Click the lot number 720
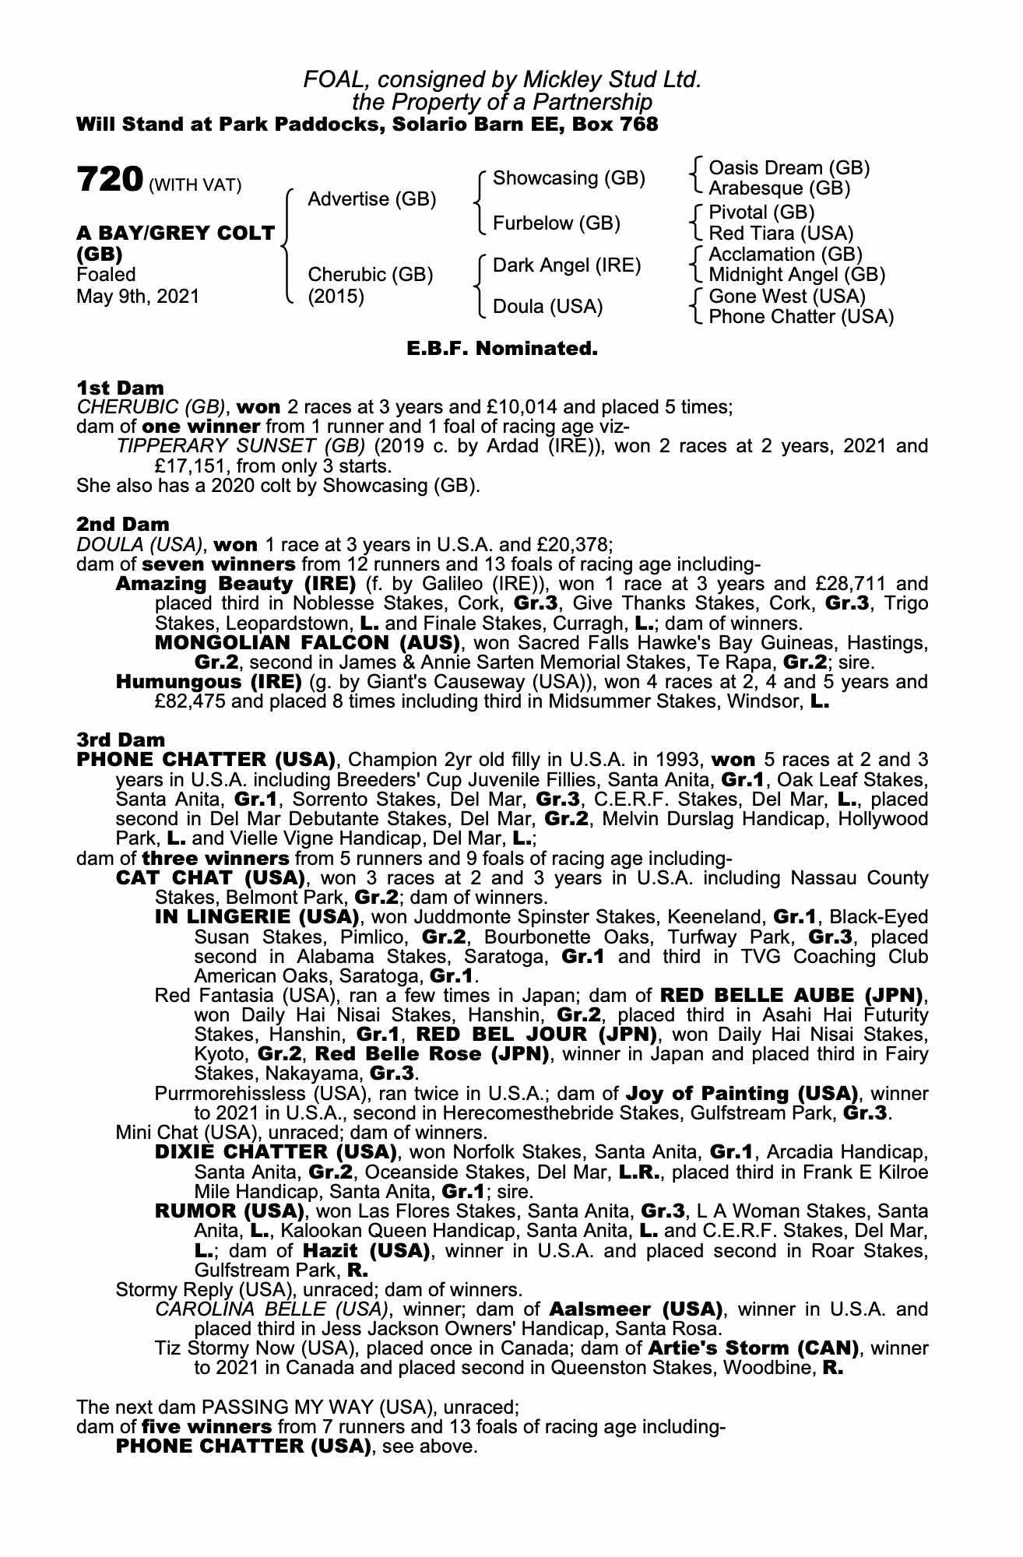[108, 180]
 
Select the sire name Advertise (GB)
[371, 199]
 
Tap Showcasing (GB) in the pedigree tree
[569, 178]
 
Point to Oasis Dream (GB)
[789, 168]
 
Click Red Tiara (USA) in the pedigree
[781, 234]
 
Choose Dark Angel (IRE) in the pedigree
[567, 265]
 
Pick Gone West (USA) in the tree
[787, 297]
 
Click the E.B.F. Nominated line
[502, 349]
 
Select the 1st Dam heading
[120, 388]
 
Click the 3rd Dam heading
[121, 740]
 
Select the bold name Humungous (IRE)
[208, 682]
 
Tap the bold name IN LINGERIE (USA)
[257, 917]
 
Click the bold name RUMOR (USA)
[229, 1211]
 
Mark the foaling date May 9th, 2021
[138, 297]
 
